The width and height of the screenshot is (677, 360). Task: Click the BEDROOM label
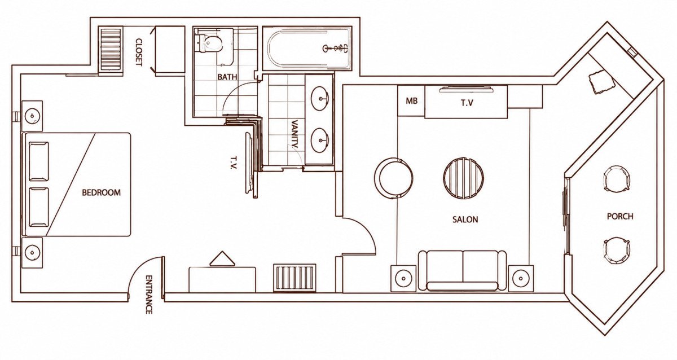click(x=101, y=192)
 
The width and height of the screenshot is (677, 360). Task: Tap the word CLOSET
click(x=138, y=52)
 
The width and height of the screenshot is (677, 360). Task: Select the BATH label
click(x=227, y=77)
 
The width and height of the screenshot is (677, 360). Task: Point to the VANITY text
click(x=294, y=134)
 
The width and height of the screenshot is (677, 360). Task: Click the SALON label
click(x=465, y=219)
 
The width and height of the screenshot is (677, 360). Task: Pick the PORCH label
click(x=620, y=216)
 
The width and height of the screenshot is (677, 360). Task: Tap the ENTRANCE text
click(x=149, y=295)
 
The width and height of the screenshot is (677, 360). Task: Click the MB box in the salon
click(x=411, y=100)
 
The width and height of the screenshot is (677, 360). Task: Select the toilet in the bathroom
click(x=209, y=44)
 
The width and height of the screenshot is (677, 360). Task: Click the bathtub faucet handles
click(x=336, y=48)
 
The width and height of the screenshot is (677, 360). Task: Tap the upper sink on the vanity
click(x=320, y=98)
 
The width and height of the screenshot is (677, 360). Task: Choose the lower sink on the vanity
click(x=320, y=141)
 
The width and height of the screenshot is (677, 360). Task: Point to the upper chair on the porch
click(x=617, y=178)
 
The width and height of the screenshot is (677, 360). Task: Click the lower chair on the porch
click(x=617, y=251)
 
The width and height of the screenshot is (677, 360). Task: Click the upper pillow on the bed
click(x=39, y=162)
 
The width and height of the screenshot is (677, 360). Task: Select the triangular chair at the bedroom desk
click(x=222, y=259)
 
